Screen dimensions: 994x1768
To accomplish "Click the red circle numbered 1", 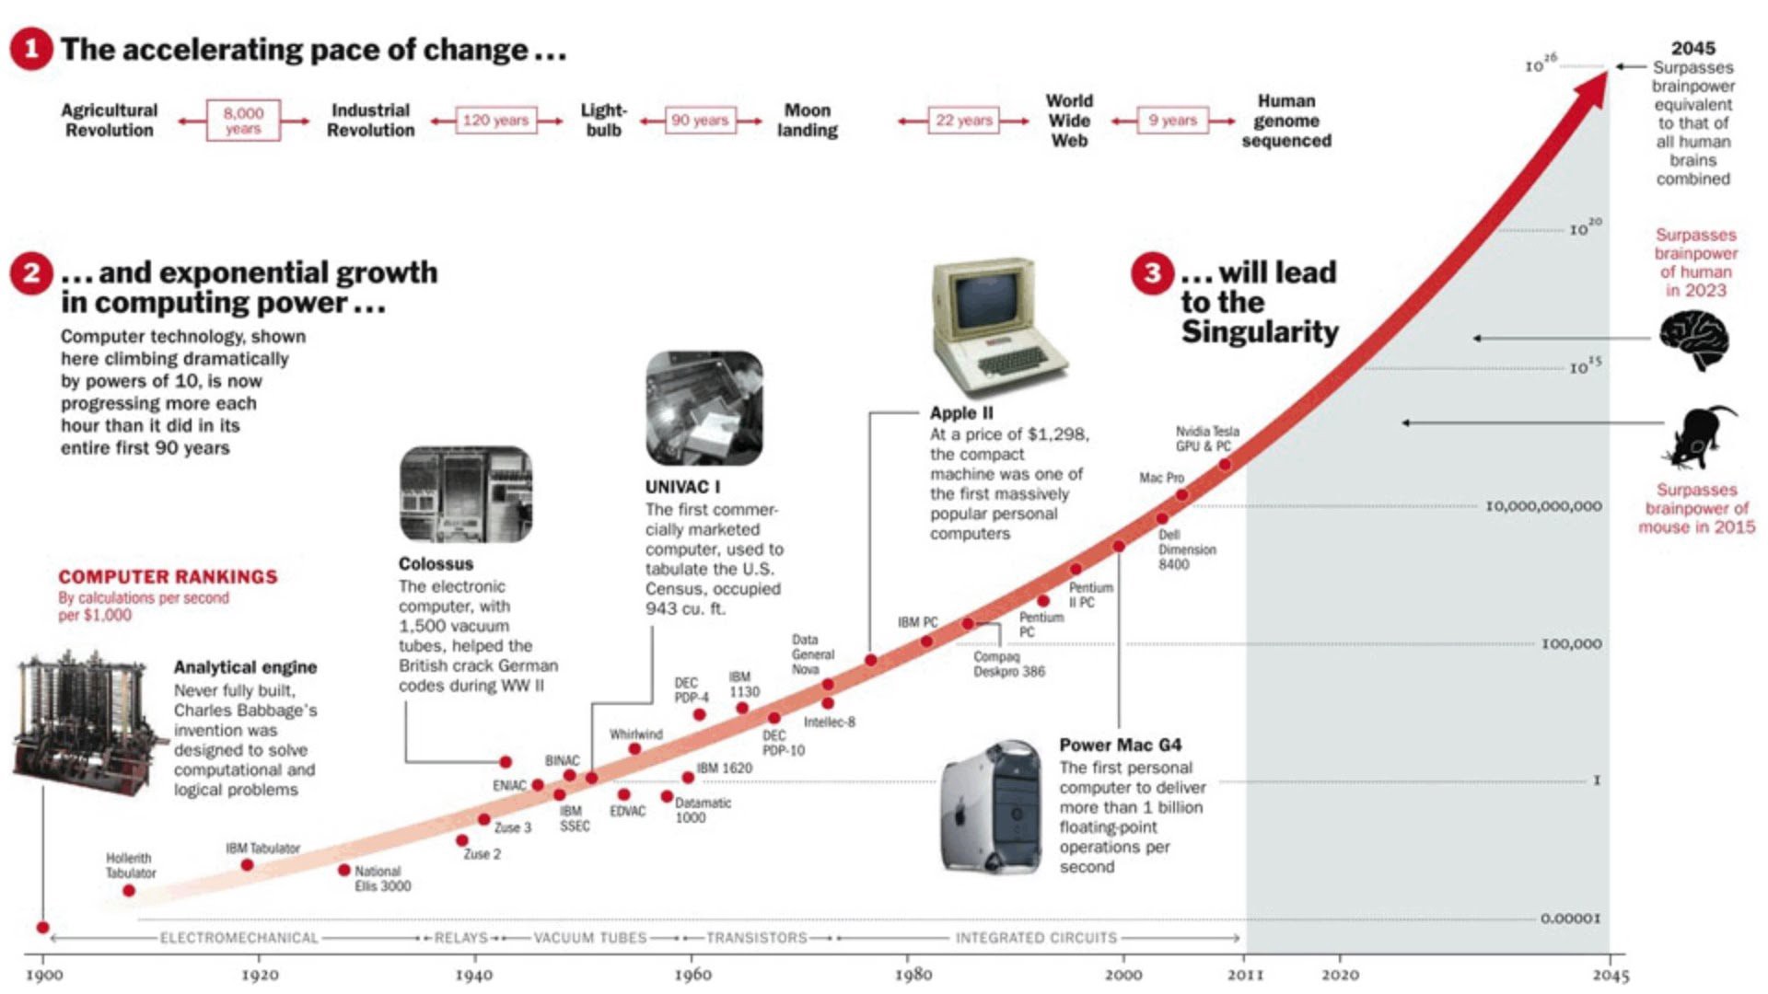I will (31, 48).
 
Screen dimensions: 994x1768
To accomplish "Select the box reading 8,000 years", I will (243, 121).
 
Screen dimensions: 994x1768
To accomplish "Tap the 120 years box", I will (495, 121).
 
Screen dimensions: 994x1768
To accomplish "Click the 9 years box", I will (1172, 121).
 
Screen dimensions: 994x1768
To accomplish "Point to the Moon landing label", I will (808, 121).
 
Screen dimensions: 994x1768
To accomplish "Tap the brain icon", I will (1695, 340).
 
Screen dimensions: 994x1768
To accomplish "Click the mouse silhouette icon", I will (1700, 437).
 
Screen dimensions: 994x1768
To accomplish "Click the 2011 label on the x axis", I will (1245, 975).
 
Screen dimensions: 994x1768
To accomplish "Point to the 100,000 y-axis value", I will (1571, 644).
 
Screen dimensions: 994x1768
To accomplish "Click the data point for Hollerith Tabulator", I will (129, 890).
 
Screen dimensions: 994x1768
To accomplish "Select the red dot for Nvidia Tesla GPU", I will (1225, 465).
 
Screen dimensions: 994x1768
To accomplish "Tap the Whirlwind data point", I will (634, 749).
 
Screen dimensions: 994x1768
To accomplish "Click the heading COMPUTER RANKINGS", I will (168, 577).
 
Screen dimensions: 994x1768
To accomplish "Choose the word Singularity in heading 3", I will (1260, 332).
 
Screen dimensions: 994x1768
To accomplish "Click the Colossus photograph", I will (465, 494).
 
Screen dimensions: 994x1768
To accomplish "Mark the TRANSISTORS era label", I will (756, 938).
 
